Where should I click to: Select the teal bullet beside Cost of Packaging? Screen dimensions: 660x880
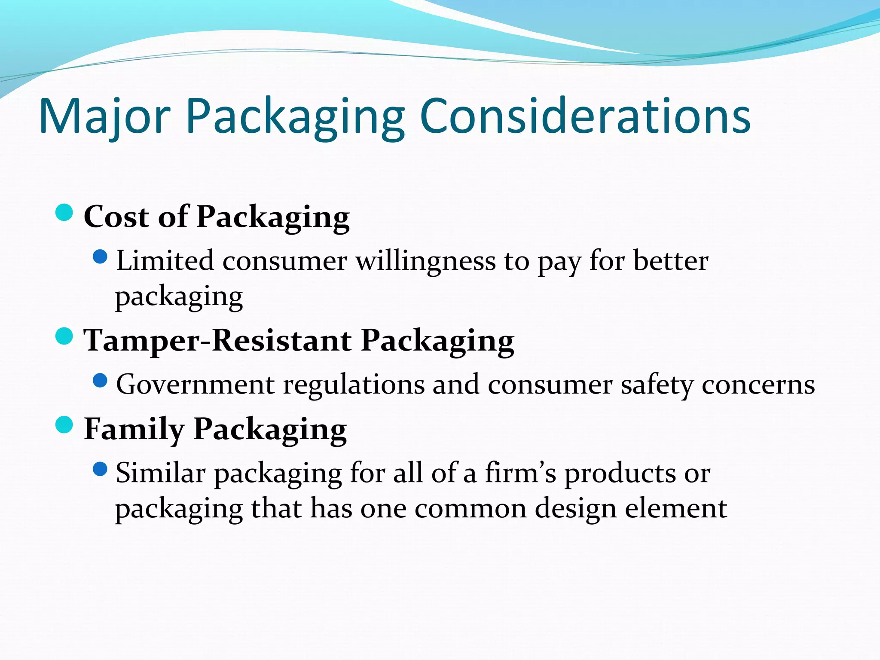[x=64, y=212]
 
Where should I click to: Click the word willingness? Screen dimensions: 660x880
[x=425, y=261]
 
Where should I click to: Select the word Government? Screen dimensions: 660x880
[x=195, y=384]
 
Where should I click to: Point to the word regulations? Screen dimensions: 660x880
[x=354, y=385]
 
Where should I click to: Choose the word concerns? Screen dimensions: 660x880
[x=758, y=385]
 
